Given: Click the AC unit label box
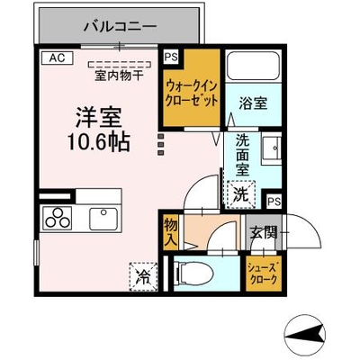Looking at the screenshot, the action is click(x=58, y=58).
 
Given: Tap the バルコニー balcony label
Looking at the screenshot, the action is click(x=120, y=27).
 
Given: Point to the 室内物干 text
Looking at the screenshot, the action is click(x=119, y=76).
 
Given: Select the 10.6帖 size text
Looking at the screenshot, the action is click(x=98, y=141).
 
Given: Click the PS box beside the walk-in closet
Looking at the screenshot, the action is click(x=171, y=57).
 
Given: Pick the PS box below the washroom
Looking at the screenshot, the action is click(x=274, y=202).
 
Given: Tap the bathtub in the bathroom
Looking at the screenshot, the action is click(x=253, y=66).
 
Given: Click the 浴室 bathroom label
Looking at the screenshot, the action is click(x=253, y=103).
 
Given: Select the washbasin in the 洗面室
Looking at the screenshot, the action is click(x=272, y=148).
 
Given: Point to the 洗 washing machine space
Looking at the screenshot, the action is click(x=241, y=194).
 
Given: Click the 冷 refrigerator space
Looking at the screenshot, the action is click(x=143, y=277).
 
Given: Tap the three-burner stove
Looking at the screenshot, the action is click(x=58, y=218).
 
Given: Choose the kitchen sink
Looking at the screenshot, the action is click(x=103, y=219).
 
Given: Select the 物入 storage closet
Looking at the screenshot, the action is click(x=171, y=232).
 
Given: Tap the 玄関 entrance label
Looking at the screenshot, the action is click(x=264, y=232).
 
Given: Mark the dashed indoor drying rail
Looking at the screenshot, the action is click(x=120, y=64).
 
